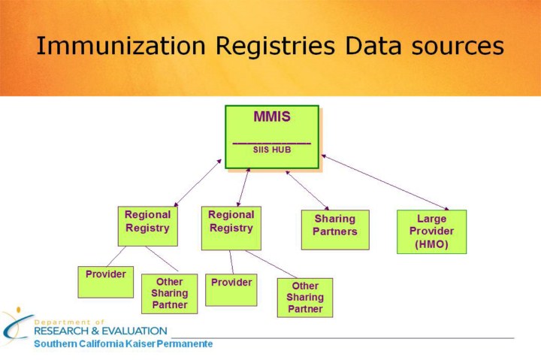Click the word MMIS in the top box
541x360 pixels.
(271, 117)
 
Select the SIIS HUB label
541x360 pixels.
(271, 150)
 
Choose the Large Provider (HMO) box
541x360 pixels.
(431, 231)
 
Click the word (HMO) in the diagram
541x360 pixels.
(431, 244)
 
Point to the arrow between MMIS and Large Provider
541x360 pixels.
(385, 183)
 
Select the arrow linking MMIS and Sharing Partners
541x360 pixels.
(307, 190)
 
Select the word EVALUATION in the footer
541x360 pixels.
(134, 331)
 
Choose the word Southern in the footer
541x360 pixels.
(54, 344)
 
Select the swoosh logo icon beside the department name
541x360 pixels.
(15, 325)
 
